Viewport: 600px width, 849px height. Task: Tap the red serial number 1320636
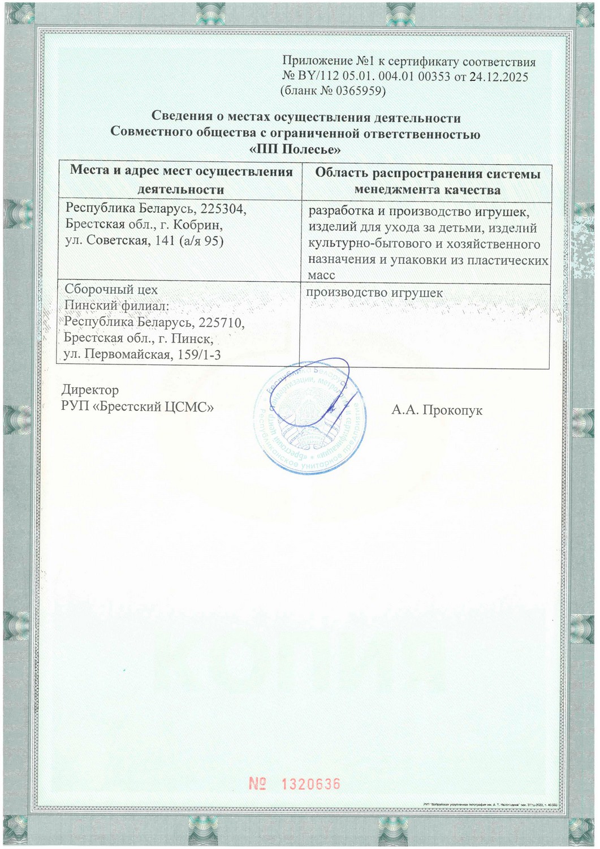click(x=310, y=784)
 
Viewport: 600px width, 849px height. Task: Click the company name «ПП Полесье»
click(x=295, y=150)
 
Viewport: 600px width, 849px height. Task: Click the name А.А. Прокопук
click(x=437, y=410)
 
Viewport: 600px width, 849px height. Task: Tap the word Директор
click(x=90, y=390)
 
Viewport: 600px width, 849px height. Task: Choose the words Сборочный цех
click(x=111, y=290)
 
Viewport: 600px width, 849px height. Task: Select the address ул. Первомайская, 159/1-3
click(x=143, y=355)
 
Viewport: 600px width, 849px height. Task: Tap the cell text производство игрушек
click(x=374, y=293)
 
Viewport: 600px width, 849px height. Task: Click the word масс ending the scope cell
click(x=321, y=276)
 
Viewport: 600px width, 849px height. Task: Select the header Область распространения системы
click(x=427, y=174)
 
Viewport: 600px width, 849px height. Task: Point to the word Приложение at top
click(x=317, y=62)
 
